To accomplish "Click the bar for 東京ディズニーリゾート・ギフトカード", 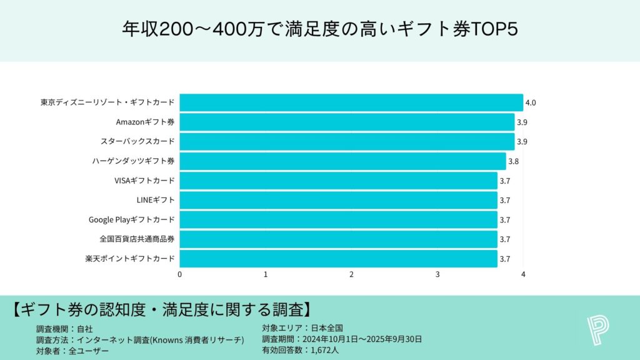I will tap(351, 102).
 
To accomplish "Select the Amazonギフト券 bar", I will tap(347, 122).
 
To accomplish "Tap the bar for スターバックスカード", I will tap(347, 141).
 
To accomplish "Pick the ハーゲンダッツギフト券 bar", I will tap(342, 161).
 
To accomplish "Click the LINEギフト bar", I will tap(338, 200).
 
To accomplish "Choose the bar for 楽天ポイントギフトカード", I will tap(338, 258).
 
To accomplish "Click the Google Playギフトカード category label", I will tap(132, 219).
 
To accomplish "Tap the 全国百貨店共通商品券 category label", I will tap(137, 239).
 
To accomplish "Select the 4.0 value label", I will tap(531, 102).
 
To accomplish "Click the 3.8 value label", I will tap(513, 161).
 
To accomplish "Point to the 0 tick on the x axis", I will tap(180, 274).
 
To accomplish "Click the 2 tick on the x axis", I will tap(352, 274).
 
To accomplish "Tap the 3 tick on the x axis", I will tap(437, 274).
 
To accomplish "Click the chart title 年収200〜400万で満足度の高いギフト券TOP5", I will tap(319, 30).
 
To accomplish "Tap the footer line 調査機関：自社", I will tap(64, 328).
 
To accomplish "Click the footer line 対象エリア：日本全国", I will tap(302, 328).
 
